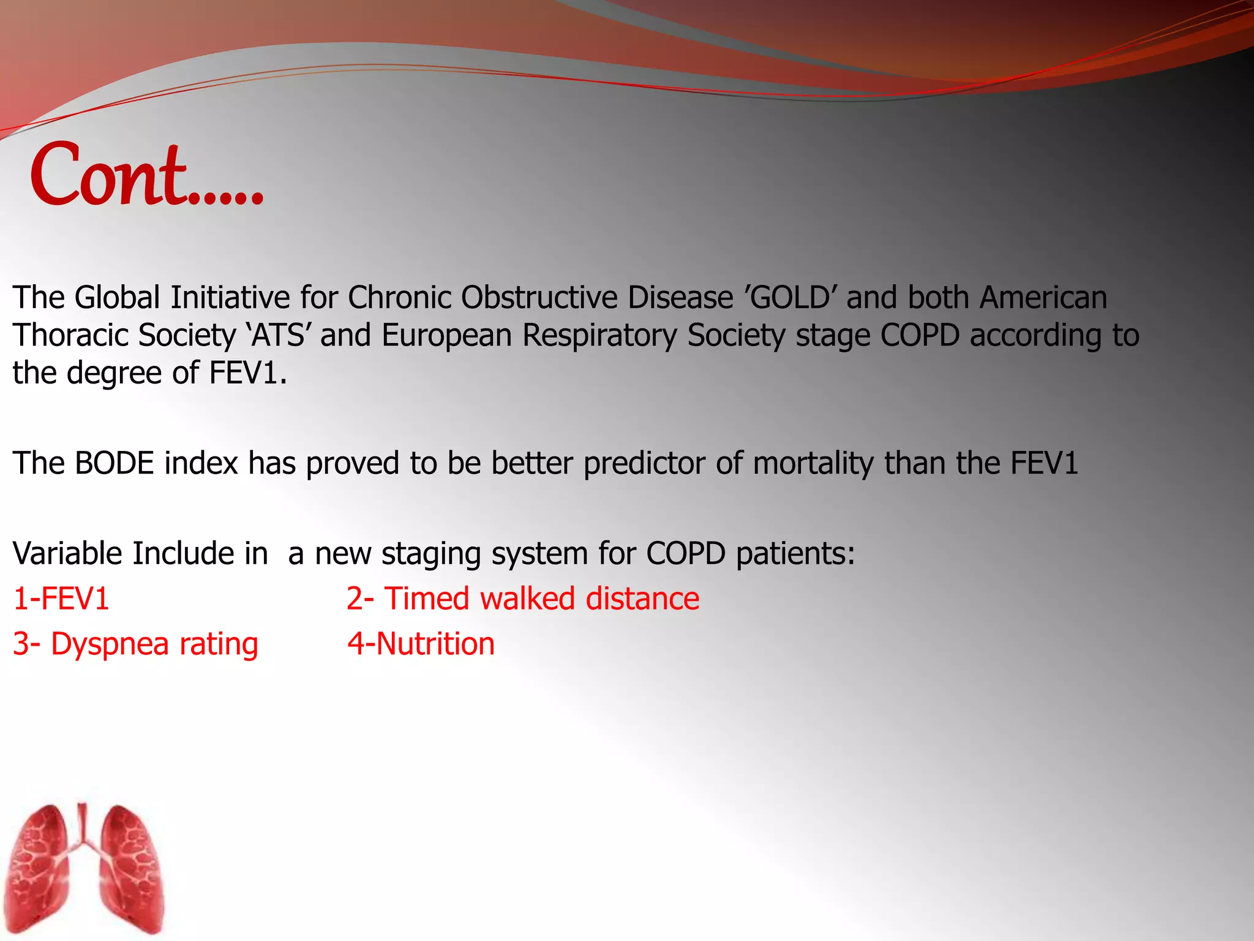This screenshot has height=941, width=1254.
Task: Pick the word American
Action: pyautogui.click(x=1043, y=298)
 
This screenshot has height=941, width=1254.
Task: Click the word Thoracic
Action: pyautogui.click(x=70, y=336)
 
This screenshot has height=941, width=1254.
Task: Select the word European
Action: pyautogui.click(x=446, y=336)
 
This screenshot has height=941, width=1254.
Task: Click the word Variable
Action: pyautogui.click(x=67, y=554)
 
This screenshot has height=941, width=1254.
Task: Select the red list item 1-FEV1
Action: pyautogui.click(x=61, y=599)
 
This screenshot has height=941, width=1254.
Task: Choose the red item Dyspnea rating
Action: pyautogui.click(x=136, y=644)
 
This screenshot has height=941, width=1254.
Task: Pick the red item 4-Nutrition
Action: pyautogui.click(x=421, y=644)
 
